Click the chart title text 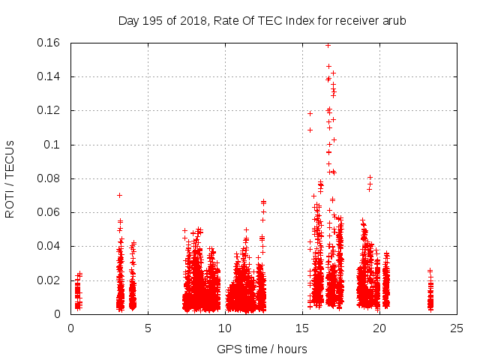tap(262, 21)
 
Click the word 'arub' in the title tap(393, 21)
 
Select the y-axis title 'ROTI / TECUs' tap(10, 178)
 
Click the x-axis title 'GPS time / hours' tap(262, 349)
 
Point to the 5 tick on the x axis tap(148, 328)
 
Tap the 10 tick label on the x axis tap(225, 328)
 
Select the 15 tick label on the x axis tap(302, 328)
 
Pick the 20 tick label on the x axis tap(379, 328)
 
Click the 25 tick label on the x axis tap(457, 328)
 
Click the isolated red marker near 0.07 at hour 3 tap(119, 195)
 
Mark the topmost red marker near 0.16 tap(328, 45)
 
